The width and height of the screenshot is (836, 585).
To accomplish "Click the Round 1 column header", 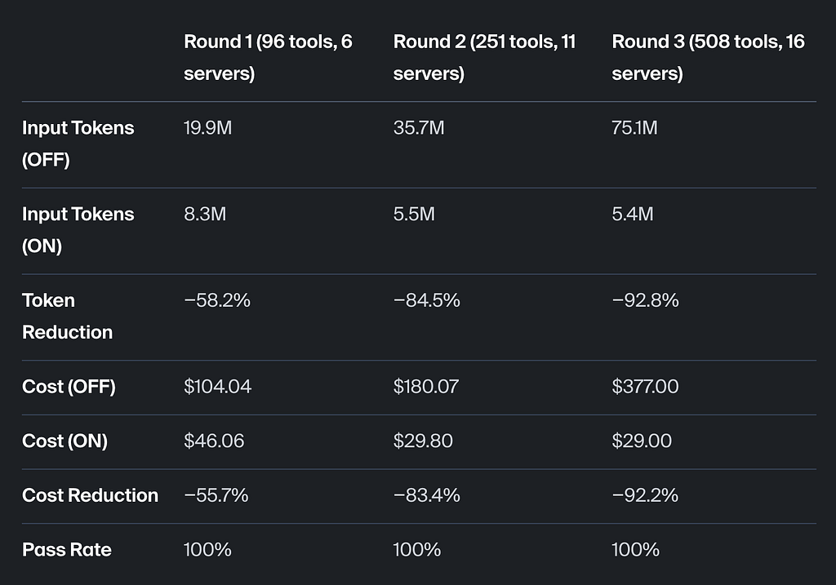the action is [268, 57].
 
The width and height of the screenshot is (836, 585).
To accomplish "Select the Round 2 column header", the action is [484, 57].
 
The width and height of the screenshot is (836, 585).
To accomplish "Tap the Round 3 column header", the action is [708, 57].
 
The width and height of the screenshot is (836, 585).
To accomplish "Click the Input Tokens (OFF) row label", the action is [78, 144].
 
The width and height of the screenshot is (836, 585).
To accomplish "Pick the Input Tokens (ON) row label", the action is [78, 229].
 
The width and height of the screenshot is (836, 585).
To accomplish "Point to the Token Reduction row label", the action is [67, 316].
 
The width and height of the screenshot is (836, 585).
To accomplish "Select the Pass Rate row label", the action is [67, 549].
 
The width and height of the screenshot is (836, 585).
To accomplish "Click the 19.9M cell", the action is [207, 128].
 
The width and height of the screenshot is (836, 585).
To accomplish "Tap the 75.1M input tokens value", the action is [634, 128].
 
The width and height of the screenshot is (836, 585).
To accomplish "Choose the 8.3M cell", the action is [205, 215].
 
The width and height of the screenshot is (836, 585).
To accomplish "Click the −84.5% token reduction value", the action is [426, 300].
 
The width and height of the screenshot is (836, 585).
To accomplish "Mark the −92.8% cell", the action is [645, 300].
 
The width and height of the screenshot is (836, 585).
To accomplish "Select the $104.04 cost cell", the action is [217, 386].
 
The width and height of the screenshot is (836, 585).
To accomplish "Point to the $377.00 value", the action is [645, 386].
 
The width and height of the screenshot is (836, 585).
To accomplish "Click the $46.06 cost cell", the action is [214, 441].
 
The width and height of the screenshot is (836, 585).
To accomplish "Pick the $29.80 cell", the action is [423, 441].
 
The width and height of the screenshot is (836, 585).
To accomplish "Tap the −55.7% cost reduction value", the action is [216, 495].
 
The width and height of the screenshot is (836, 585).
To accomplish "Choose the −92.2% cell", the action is [645, 495].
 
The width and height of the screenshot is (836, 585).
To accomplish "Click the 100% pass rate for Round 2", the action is [417, 550].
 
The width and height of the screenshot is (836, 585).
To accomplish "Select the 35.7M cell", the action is [419, 128].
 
